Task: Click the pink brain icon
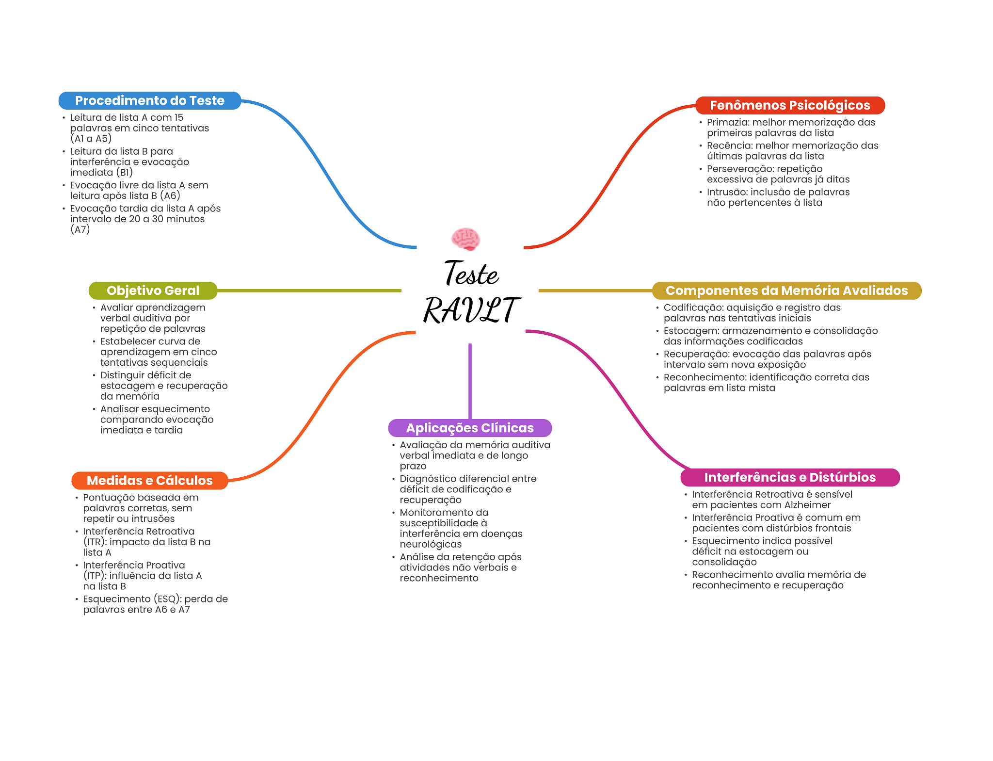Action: point(465,239)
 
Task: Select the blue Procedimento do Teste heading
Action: point(149,100)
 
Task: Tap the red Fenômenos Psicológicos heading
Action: point(789,105)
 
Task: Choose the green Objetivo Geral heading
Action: point(153,291)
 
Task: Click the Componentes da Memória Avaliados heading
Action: point(786,291)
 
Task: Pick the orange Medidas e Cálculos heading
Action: point(149,480)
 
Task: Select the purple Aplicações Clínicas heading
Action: point(469,428)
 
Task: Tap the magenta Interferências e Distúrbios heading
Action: point(789,477)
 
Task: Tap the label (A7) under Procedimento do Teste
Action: point(80,229)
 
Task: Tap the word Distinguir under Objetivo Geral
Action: point(121,375)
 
